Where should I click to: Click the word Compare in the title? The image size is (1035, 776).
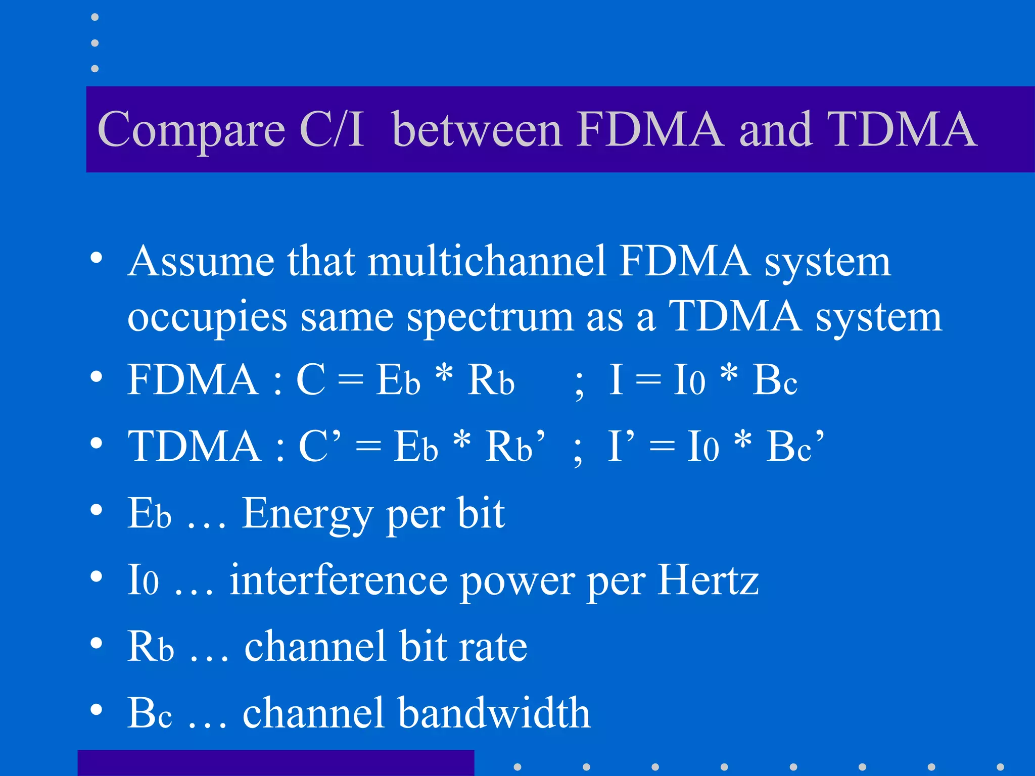coord(191,130)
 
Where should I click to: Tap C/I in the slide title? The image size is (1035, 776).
coord(331,129)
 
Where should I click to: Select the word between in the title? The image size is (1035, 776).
coord(477,129)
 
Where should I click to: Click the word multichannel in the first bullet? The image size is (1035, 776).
coord(487,261)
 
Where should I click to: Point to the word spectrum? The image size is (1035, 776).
coord(490,318)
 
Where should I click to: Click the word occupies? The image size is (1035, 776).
coord(207,318)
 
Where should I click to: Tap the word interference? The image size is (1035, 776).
coord(338,580)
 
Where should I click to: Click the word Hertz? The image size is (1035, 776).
coord(708,580)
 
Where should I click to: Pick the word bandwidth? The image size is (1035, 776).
coord(494,713)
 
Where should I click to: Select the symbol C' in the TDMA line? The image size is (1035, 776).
coord(319,447)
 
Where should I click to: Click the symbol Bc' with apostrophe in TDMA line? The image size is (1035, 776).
coord(795,447)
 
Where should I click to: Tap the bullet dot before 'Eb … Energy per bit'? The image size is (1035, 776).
coord(96,510)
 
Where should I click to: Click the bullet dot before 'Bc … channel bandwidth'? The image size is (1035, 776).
coord(96,709)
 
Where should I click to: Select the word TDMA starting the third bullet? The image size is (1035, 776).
coord(195,447)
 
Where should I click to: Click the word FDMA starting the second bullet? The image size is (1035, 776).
coord(193,380)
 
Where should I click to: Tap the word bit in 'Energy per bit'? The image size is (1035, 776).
coord(481,513)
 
